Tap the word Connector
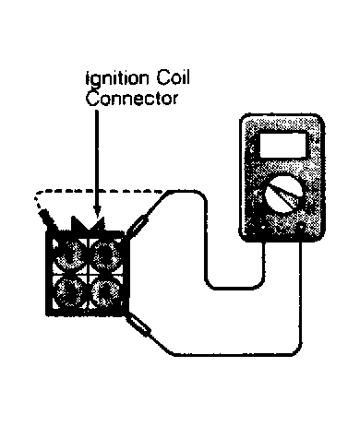pyautogui.click(x=132, y=99)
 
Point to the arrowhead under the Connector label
pyautogui.click(x=97, y=211)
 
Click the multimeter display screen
pyautogui.click(x=283, y=145)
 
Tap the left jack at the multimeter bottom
pyautogui.click(x=263, y=228)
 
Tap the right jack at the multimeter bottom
pyautogui.click(x=301, y=228)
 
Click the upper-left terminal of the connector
pyautogui.click(x=69, y=254)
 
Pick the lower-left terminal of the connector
pyautogui.click(x=69, y=291)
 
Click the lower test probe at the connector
pyautogui.click(x=138, y=325)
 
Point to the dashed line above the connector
pyautogui.click(x=99, y=191)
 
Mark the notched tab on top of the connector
pyautogui.click(x=88, y=224)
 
